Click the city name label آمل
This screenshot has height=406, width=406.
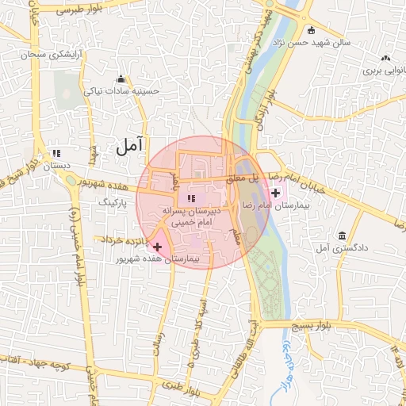128,145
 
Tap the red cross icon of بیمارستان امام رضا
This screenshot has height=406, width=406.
276,193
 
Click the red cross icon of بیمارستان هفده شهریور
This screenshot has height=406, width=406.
157,247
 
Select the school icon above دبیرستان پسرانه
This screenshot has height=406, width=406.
190,198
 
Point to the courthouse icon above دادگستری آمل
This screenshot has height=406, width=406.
342,236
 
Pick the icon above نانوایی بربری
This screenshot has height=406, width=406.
385,57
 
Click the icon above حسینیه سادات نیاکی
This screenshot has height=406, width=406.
121,79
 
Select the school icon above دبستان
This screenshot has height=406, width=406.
56,153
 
